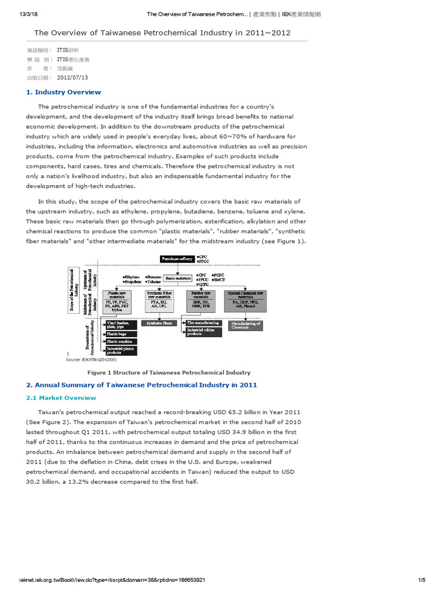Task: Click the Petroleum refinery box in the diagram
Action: click(177, 258)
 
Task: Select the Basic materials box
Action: click(178, 278)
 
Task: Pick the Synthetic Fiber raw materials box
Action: click(159, 300)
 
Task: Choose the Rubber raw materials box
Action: click(200, 300)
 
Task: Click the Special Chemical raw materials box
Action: click(246, 300)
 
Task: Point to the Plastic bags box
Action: click(121, 334)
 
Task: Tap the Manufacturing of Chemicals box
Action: click(246, 325)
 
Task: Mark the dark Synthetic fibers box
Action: click(160, 323)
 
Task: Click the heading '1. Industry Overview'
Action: click(64, 92)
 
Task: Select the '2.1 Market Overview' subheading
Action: click(61, 398)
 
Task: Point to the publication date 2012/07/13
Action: click(72, 78)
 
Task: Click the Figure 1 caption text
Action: click(169, 372)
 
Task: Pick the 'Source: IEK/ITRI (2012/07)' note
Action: click(92, 360)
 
